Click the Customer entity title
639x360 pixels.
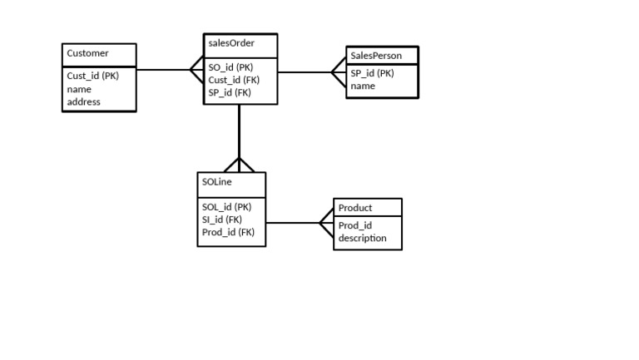point(87,53)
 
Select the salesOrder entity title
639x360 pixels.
point(230,43)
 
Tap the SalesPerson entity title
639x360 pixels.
point(375,56)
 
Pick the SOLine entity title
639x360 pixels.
point(217,182)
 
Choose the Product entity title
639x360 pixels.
point(355,208)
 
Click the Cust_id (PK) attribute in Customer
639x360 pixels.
point(93,76)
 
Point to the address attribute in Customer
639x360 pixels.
point(83,102)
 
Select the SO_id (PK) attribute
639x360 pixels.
point(230,67)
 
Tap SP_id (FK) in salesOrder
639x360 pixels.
point(230,93)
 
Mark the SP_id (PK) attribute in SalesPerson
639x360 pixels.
point(372,73)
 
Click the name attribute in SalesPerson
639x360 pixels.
point(363,86)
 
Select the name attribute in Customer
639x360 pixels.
point(79,89)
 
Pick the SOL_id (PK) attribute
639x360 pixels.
point(226,206)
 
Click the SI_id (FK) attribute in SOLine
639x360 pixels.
point(221,219)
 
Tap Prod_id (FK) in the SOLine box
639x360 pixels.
point(228,233)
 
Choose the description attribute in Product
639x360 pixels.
point(362,238)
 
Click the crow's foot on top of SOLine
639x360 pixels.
point(239,164)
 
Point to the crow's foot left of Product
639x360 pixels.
point(326,223)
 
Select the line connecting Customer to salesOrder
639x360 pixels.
point(162,70)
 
